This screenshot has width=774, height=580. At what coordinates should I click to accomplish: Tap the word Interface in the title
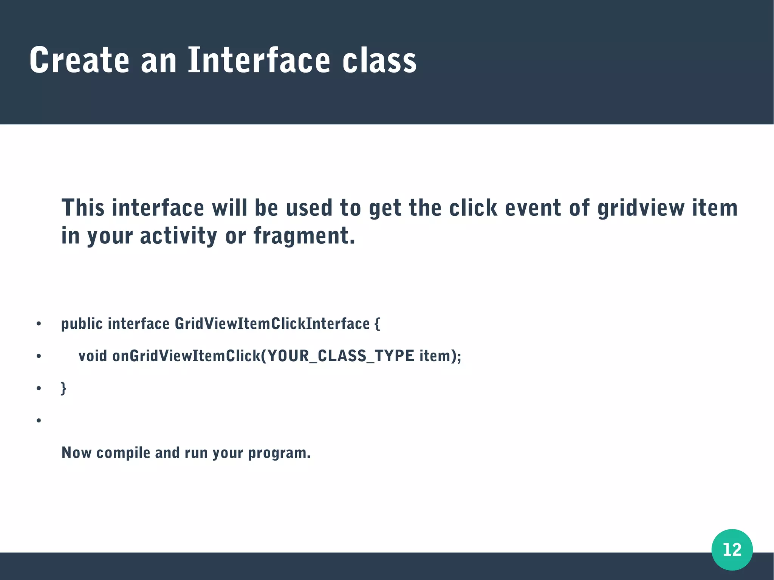coord(259,60)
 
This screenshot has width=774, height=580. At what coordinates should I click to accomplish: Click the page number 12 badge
coord(732,549)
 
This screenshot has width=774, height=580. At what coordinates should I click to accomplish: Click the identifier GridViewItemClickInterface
coord(272,324)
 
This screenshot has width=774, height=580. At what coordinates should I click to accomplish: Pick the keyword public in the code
coord(82,324)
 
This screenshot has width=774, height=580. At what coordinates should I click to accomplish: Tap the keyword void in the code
coord(93,356)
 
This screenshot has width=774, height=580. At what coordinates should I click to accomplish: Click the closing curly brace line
coord(63,388)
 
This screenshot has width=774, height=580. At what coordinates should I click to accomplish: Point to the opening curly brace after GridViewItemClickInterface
coord(377,324)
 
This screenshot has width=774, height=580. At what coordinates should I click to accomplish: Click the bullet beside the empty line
coord(39,421)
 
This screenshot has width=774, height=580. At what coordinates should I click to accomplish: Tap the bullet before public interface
coord(39,324)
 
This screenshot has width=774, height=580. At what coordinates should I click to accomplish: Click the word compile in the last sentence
coord(123,453)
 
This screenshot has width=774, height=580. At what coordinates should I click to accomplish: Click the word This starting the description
coord(83,208)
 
